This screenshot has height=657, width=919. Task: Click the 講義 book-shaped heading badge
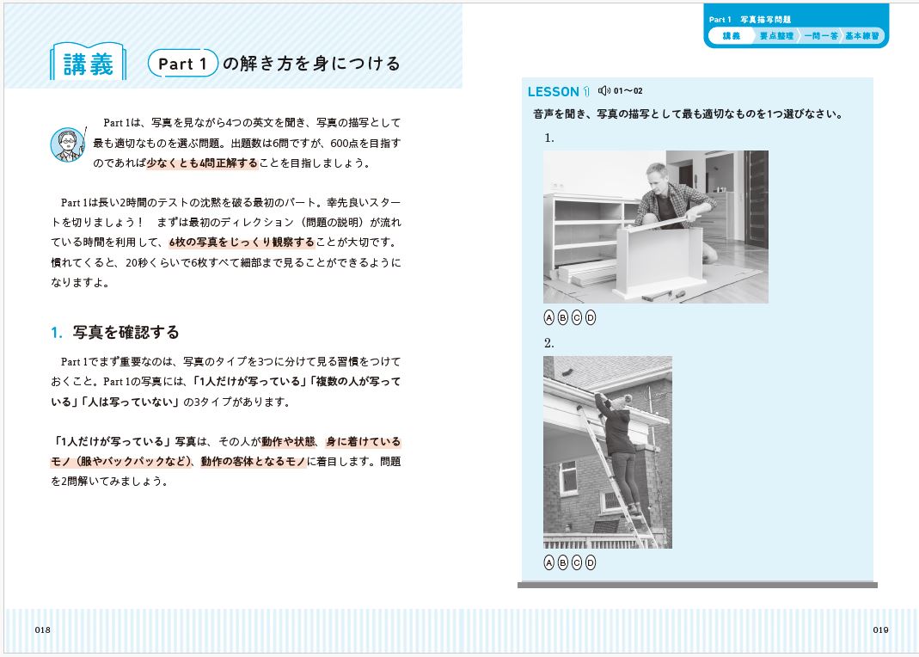click(x=88, y=62)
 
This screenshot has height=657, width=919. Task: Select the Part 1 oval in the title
click(x=183, y=64)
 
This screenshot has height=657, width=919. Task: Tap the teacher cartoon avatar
click(x=68, y=144)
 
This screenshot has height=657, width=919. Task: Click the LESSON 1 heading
click(x=559, y=91)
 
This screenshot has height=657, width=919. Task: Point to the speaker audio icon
click(x=603, y=91)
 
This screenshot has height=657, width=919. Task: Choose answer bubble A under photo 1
click(x=548, y=317)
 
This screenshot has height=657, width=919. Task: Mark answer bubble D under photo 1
click(x=591, y=317)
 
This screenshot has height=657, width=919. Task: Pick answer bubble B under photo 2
click(x=562, y=562)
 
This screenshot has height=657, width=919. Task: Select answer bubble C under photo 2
click(x=577, y=562)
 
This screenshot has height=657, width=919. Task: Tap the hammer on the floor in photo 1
click(x=659, y=293)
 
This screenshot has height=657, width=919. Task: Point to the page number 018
click(x=43, y=630)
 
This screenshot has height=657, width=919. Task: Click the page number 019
click(x=880, y=630)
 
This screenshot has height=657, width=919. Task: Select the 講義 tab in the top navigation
click(x=731, y=36)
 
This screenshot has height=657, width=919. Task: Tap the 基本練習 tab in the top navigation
click(x=861, y=36)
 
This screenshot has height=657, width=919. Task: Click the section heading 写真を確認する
click(x=126, y=332)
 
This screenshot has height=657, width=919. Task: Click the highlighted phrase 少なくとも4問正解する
click(x=202, y=163)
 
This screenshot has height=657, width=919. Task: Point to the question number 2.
click(x=548, y=343)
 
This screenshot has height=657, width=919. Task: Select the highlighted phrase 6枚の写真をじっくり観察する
click(x=242, y=242)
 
